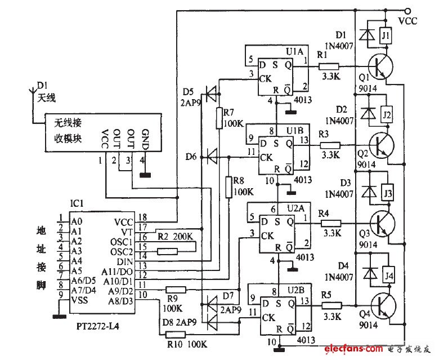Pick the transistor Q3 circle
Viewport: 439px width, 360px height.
pyautogui.click(x=380, y=224)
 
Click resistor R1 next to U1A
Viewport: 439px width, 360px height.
pyautogui.click(x=329, y=66)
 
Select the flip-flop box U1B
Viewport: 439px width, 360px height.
pyautogui.click(x=280, y=155)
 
